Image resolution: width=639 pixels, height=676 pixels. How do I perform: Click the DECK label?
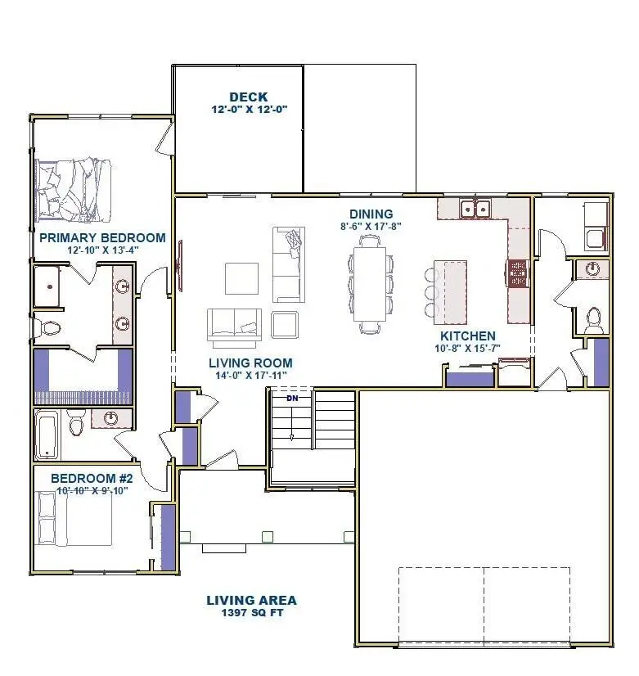248,97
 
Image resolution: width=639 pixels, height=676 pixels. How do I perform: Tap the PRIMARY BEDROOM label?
102,238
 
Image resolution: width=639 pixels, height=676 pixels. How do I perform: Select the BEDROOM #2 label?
97,478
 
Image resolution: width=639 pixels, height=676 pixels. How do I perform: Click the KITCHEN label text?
467,336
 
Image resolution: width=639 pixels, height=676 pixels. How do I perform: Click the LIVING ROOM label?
250,363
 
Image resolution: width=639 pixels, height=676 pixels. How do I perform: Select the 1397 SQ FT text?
251,613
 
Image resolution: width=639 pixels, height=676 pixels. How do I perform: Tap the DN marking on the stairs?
292,399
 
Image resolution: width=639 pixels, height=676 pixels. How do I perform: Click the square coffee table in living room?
242,278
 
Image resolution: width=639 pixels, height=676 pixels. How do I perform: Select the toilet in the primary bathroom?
49,328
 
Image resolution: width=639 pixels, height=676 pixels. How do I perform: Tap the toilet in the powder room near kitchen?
593,318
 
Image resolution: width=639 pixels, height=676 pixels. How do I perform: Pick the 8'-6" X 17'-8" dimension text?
371,226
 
